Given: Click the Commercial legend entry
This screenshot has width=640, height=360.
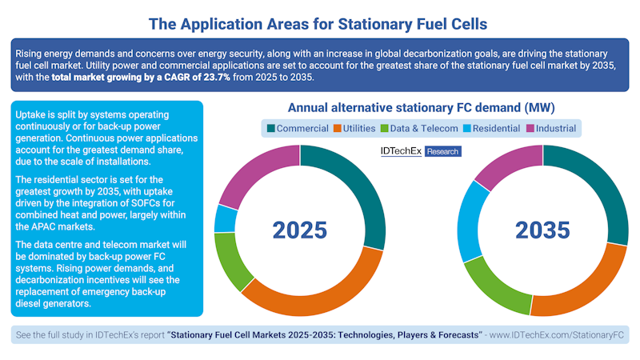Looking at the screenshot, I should click(x=297, y=128).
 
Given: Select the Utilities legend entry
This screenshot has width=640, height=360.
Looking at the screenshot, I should click(x=352, y=128).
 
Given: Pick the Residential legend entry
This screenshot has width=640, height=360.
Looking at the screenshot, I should click(x=491, y=128).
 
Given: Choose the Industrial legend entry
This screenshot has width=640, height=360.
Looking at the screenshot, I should click(x=551, y=128).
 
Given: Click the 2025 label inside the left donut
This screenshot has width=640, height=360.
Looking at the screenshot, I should click(x=300, y=230).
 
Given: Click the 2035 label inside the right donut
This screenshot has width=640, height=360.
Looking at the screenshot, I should click(x=542, y=230).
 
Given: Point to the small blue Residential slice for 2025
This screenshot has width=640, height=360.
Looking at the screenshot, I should click(x=226, y=218).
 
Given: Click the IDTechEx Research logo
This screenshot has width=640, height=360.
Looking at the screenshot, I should click(x=419, y=150).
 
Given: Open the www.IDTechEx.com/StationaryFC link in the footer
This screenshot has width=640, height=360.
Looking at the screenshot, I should click(x=557, y=334).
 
